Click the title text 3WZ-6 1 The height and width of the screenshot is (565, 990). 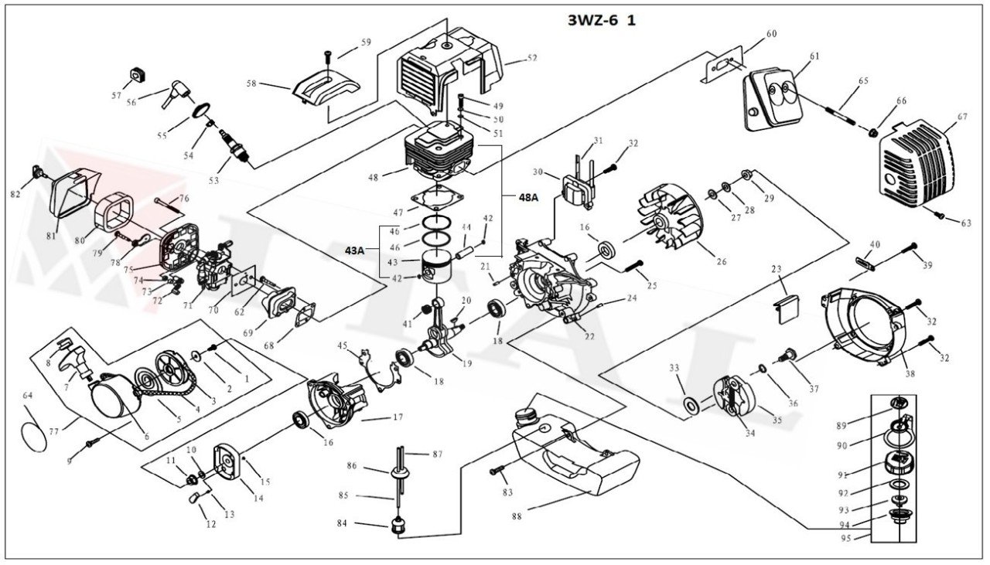[602, 20]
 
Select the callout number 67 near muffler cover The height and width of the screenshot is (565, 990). [961, 117]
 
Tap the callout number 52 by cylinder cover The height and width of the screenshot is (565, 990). [532, 59]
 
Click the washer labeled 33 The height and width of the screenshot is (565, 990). [689, 403]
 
